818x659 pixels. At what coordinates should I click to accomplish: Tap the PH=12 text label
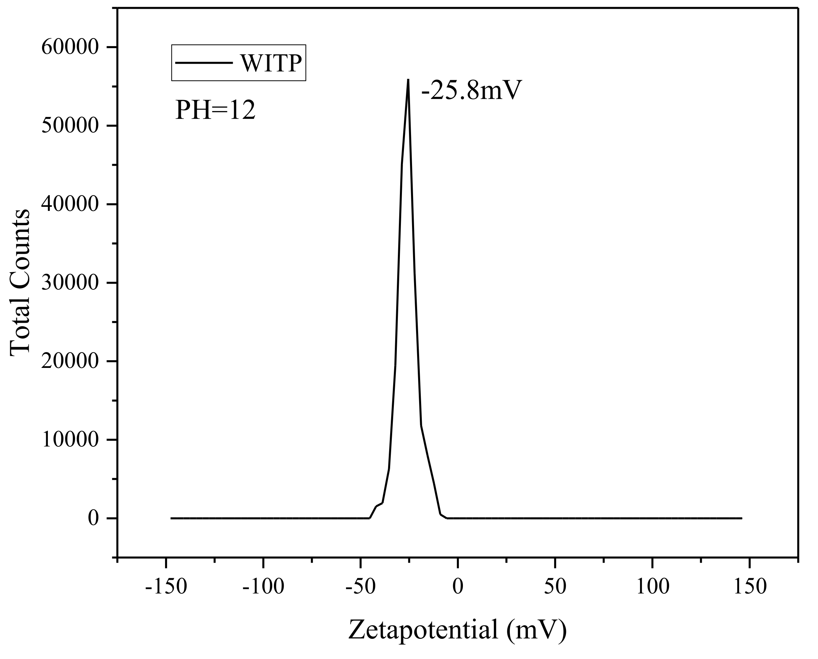point(215,111)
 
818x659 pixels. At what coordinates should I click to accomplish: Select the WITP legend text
point(271,63)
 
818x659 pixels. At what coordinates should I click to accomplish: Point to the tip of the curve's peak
point(408,80)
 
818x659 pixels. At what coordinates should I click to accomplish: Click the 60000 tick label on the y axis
point(70,48)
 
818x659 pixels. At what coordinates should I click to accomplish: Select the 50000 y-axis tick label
point(70,126)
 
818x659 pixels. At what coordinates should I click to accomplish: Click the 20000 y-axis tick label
point(70,362)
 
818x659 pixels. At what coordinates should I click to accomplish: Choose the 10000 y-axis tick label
point(70,440)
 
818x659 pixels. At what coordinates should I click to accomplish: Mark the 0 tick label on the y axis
point(93,518)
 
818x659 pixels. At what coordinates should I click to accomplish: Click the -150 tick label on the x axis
point(166,587)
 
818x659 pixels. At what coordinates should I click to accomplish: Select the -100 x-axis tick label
point(263,587)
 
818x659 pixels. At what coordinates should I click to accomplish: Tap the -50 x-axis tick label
point(360,587)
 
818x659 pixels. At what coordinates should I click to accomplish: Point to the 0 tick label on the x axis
point(458,587)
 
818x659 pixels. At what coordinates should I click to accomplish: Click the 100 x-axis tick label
point(653,587)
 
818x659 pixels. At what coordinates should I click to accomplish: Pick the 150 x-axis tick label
point(750,587)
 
